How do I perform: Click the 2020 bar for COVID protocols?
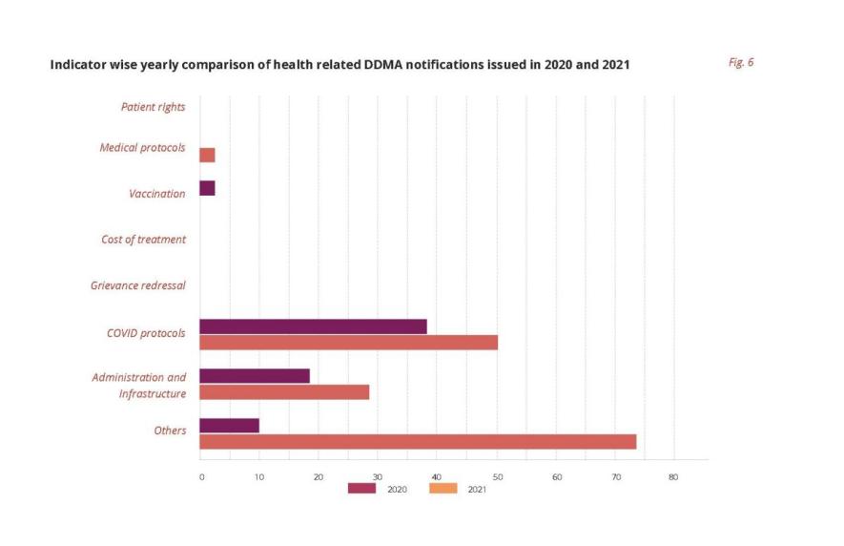click(x=313, y=326)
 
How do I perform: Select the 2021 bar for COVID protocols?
click(x=348, y=343)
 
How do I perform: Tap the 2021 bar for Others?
click(x=418, y=441)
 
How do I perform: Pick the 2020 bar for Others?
click(x=229, y=426)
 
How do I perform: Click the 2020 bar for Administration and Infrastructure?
click(x=255, y=376)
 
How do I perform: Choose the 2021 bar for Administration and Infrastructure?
click(x=284, y=392)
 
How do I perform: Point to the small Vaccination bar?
click(x=207, y=188)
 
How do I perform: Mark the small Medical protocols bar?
click(x=207, y=155)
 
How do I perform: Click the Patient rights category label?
click(x=153, y=107)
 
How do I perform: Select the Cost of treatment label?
click(x=143, y=240)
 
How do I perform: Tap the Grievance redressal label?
click(x=138, y=285)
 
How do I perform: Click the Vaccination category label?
click(x=157, y=194)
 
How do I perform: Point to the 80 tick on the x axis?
click(x=673, y=476)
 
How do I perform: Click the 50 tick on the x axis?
click(x=496, y=476)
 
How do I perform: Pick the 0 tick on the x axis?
click(x=201, y=476)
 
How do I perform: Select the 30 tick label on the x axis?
click(x=378, y=476)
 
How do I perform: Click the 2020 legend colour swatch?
click(x=361, y=489)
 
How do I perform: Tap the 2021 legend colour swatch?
click(x=443, y=489)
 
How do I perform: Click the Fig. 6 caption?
click(x=741, y=62)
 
